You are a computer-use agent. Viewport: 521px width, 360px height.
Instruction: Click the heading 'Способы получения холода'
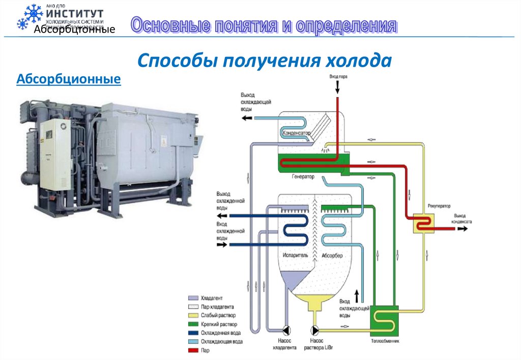click(x=265, y=61)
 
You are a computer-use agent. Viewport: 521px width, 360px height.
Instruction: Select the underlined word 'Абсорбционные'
click(x=69, y=79)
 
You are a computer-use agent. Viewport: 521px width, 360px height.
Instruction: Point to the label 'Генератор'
click(x=303, y=177)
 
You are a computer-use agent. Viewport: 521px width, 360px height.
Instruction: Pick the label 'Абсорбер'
click(x=333, y=255)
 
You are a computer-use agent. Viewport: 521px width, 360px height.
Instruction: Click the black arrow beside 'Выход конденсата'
click(x=462, y=229)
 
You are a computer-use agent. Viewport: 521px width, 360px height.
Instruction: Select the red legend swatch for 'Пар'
click(x=193, y=350)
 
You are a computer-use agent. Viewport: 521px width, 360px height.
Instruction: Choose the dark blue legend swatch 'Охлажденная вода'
click(x=193, y=333)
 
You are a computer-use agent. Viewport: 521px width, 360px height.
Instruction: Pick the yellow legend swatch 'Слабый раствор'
click(x=193, y=315)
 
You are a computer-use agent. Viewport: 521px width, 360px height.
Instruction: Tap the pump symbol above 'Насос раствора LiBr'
click(x=314, y=328)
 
